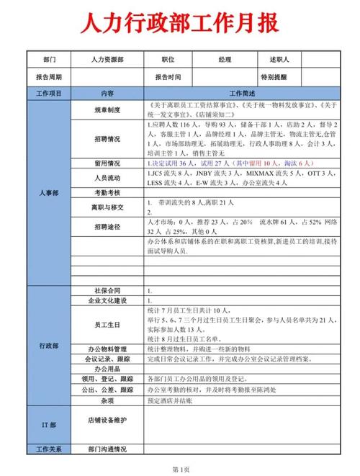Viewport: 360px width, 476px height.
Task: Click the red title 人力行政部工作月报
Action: tap(179, 25)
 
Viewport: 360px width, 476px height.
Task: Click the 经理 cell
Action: tap(224, 60)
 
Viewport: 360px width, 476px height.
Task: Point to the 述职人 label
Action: tap(279, 60)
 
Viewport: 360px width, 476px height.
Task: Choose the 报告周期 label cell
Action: tap(49, 77)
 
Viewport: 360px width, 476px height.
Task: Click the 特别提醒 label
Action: tap(274, 77)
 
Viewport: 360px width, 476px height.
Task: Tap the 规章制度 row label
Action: tap(107, 110)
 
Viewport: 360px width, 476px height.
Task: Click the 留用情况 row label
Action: tap(107, 163)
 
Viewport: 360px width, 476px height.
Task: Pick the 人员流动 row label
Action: tap(107, 178)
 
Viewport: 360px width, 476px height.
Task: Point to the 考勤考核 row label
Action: tap(107, 193)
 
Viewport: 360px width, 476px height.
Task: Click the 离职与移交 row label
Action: tap(107, 207)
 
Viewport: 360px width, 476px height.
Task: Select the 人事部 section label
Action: tap(49, 193)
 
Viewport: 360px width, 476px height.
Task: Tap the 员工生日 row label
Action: tap(107, 324)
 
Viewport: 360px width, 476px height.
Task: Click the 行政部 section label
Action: tap(49, 346)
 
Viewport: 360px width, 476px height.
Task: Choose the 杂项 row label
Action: tap(107, 400)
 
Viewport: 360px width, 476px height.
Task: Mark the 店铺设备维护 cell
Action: tap(107, 419)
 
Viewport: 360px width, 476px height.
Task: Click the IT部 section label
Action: tap(49, 426)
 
